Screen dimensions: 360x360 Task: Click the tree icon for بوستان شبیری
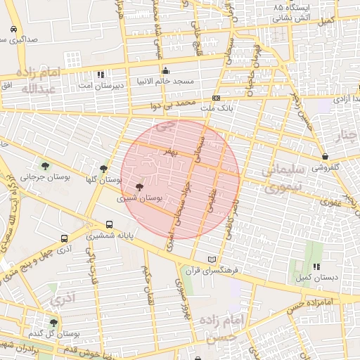click(x=138, y=188)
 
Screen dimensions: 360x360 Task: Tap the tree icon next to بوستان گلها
click(x=104, y=169)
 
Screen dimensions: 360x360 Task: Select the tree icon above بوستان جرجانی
click(x=46, y=167)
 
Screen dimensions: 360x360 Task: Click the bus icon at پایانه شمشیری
click(x=108, y=225)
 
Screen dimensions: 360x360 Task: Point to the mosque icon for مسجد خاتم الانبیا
click(x=165, y=70)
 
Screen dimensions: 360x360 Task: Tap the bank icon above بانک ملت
click(x=216, y=98)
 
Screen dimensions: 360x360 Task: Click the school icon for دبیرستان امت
click(x=101, y=74)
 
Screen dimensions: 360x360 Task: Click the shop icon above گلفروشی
click(x=325, y=157)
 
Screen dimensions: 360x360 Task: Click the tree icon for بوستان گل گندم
click(x=53, y=323)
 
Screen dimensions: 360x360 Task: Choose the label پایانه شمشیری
click(x=109, y=236)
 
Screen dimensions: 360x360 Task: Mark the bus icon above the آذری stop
click(x=64, y=239)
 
